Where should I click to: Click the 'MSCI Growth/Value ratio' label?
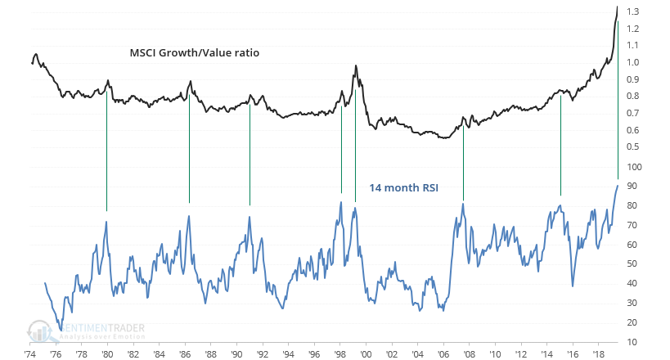tap(194, 52)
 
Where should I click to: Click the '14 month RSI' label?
tap(403, 187)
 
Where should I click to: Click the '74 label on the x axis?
tap(29, 353)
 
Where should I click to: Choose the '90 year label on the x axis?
tap(236, 353)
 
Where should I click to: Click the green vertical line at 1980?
tap(107, 147)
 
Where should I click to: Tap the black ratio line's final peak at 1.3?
tap(617, 7)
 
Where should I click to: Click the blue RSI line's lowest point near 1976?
tap(60, 330)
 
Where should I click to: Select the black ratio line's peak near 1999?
tap(355, 65)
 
